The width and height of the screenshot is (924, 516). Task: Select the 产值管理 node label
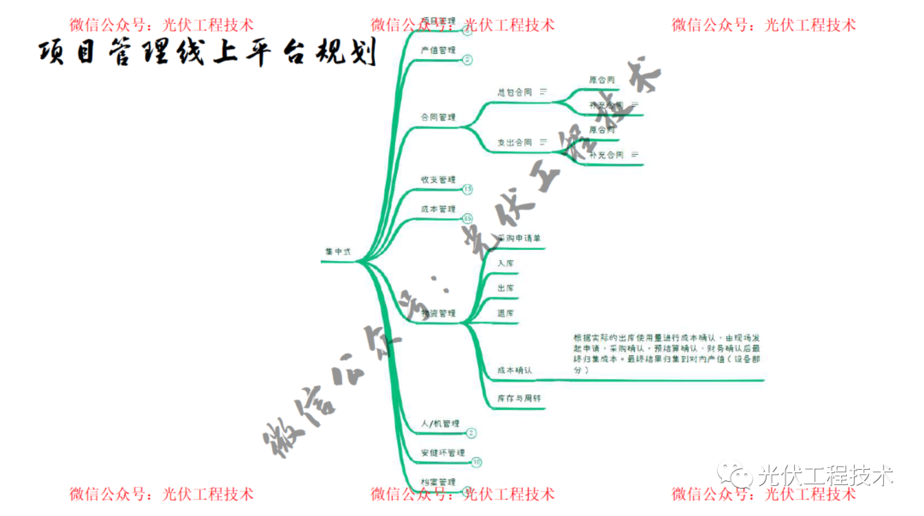click(438, 50)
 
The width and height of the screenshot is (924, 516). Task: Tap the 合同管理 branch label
click(438, 117)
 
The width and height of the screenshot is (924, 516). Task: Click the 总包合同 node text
click(515, 91)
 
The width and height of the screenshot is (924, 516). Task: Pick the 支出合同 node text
click(515, 142)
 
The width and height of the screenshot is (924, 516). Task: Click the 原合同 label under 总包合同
click(602, 80)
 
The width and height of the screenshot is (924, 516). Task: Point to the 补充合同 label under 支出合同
click(607, 155)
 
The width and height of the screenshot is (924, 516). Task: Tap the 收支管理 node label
click(438, 180)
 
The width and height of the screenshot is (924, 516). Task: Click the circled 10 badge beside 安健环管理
click(477, 462)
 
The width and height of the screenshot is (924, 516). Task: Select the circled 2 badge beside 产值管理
click(467, 60)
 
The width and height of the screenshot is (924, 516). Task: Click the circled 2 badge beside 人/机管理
click(471, 434)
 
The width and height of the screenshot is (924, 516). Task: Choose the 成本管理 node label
click(438, 209)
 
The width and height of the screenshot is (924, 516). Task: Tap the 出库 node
click(506, 288)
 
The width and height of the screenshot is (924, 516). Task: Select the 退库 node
click(506, 313)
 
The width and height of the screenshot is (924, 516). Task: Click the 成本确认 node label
click(515, 371)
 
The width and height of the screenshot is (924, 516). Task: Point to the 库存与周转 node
click(519, 399)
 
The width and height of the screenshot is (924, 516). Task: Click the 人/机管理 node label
click(441, 424)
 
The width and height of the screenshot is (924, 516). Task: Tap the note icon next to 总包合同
click(542, 91)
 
